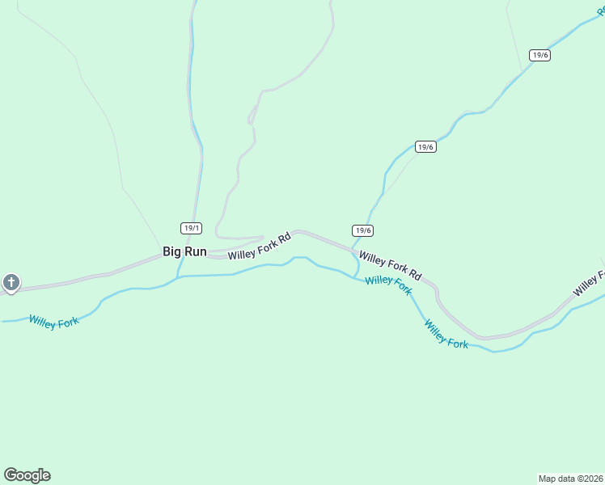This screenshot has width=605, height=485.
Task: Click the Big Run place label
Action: (x=184, y=251)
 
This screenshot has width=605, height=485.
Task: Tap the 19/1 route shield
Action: (x=190, y=228)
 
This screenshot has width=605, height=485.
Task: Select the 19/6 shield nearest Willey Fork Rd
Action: (x=363, y=230)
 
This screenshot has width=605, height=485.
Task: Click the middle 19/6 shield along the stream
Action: (x=425, y=146)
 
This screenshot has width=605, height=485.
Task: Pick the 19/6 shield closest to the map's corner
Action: (x=540, y=55)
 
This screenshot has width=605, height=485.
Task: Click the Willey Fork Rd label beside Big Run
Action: (x=259, y=247)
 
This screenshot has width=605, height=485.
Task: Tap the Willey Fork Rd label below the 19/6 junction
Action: (x=391, y=265)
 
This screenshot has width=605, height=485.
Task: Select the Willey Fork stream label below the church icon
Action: (x=53, y=322)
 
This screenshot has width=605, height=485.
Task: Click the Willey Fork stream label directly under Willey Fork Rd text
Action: (x=388, y=285)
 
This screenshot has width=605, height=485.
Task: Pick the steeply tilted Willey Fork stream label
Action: (x=446, y=334)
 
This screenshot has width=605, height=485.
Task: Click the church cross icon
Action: (x=11, y=283)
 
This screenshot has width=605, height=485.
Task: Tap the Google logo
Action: (x=27, y=475)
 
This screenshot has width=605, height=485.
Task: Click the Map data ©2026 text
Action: (x=570, y=479)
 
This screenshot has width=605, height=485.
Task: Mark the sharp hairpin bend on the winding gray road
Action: (x=250, y=123)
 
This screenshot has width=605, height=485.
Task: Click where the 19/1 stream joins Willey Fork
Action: (x=179, y=276)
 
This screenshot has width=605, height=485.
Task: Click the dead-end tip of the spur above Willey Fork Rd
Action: (x=263, y=238)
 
